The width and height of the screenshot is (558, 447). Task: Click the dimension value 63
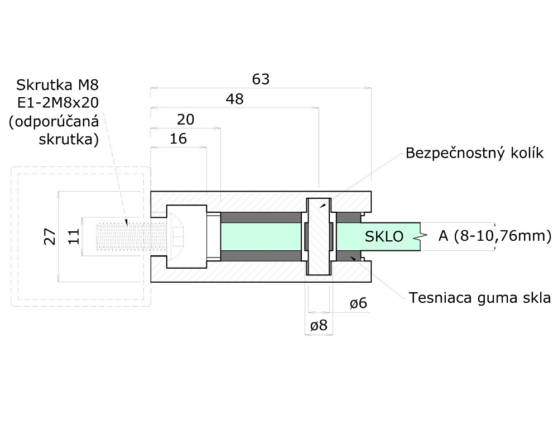pyautogui.click(x=261, y=79)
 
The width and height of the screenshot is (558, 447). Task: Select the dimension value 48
pyautogui.click(x=234, y=99)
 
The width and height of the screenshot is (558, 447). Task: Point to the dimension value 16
pyautogui.click(x=177, y=139)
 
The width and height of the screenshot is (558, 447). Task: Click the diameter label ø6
pyautogui.click(x=358, y=303)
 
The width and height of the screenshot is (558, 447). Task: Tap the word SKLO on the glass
pyautogui.click(x=384, y=236)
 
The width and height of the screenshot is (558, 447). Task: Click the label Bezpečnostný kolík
pyautogui.click(x=474, y=153)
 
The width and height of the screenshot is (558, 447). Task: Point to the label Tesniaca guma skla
pyautogui.click(x=480, y=298)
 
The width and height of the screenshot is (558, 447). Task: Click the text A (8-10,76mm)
pyautogui.click(x=494, y=236)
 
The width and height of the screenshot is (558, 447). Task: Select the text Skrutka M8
pyautogui.click(x=57, y=85)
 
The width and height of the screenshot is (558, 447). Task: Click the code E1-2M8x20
pyautogui.click(x=57, y=103)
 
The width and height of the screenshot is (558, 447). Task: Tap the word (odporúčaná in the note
pyautogui.click(x=54, y=121)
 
